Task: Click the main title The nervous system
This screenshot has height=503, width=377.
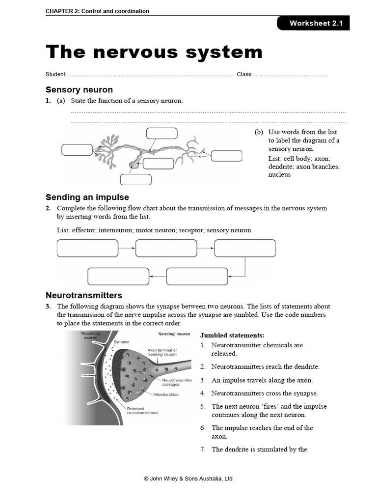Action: click(154, 52)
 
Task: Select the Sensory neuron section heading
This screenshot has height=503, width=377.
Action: click(79, 89)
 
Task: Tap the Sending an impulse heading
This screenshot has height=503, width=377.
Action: click(87, 197)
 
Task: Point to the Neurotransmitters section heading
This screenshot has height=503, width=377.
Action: click(83, 295)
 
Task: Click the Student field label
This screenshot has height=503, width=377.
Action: click(56, 74)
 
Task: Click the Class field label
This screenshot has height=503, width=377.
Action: click(244, 74)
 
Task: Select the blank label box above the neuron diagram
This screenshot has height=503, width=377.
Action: click(162, 134)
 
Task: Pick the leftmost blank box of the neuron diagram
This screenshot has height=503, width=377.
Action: click(77, 150)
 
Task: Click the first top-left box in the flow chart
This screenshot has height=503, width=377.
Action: click(87, 248)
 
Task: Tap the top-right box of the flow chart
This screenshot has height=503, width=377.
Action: click(245, 248)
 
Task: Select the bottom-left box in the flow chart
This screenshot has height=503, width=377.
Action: click(118, 276)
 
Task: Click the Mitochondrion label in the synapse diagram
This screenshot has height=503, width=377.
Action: click(166, 394)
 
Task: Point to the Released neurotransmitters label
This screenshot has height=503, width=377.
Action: click(142, 411)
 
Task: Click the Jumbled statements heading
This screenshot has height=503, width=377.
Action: click(232, 335)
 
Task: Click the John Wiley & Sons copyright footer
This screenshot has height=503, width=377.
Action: click(188, 478)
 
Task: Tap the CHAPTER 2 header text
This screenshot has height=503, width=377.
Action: click(97, 11)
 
